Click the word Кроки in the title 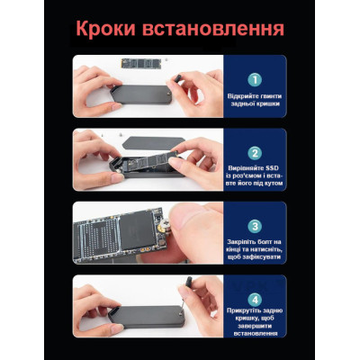(105, 30)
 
